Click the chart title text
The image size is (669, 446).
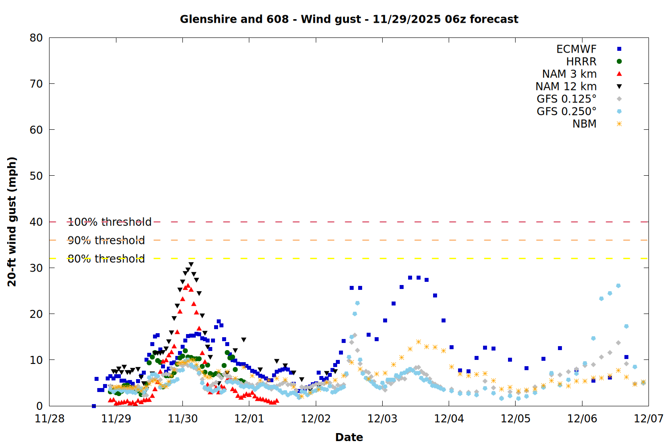click(349, 19)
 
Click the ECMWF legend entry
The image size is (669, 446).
click(576, 49)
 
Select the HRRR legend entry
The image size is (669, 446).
click(581, 62)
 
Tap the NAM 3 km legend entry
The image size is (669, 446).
click(569, 74)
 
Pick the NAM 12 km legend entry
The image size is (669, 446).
click(566, 87)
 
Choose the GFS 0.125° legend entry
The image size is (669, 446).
click(566, 99)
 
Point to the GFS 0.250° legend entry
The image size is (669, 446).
click(566, 111)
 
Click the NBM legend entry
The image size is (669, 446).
click(584, 124)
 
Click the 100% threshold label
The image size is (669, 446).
click(109, 222)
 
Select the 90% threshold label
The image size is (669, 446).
click(106, 240)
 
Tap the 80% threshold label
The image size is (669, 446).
click(106, 259)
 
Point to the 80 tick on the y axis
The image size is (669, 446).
click(36, 38)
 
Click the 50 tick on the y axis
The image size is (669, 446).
click(36, 176)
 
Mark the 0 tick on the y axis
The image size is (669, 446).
click(40, 406)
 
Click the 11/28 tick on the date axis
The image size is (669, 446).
click(50, 419)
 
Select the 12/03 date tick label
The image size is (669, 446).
click(382, 419)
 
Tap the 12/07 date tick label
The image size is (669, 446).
click(648, 419)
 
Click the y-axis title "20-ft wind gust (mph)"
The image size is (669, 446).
click(12, 222)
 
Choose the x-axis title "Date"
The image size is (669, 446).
click(349, 437)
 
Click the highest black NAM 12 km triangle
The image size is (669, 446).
click(191, 264)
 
